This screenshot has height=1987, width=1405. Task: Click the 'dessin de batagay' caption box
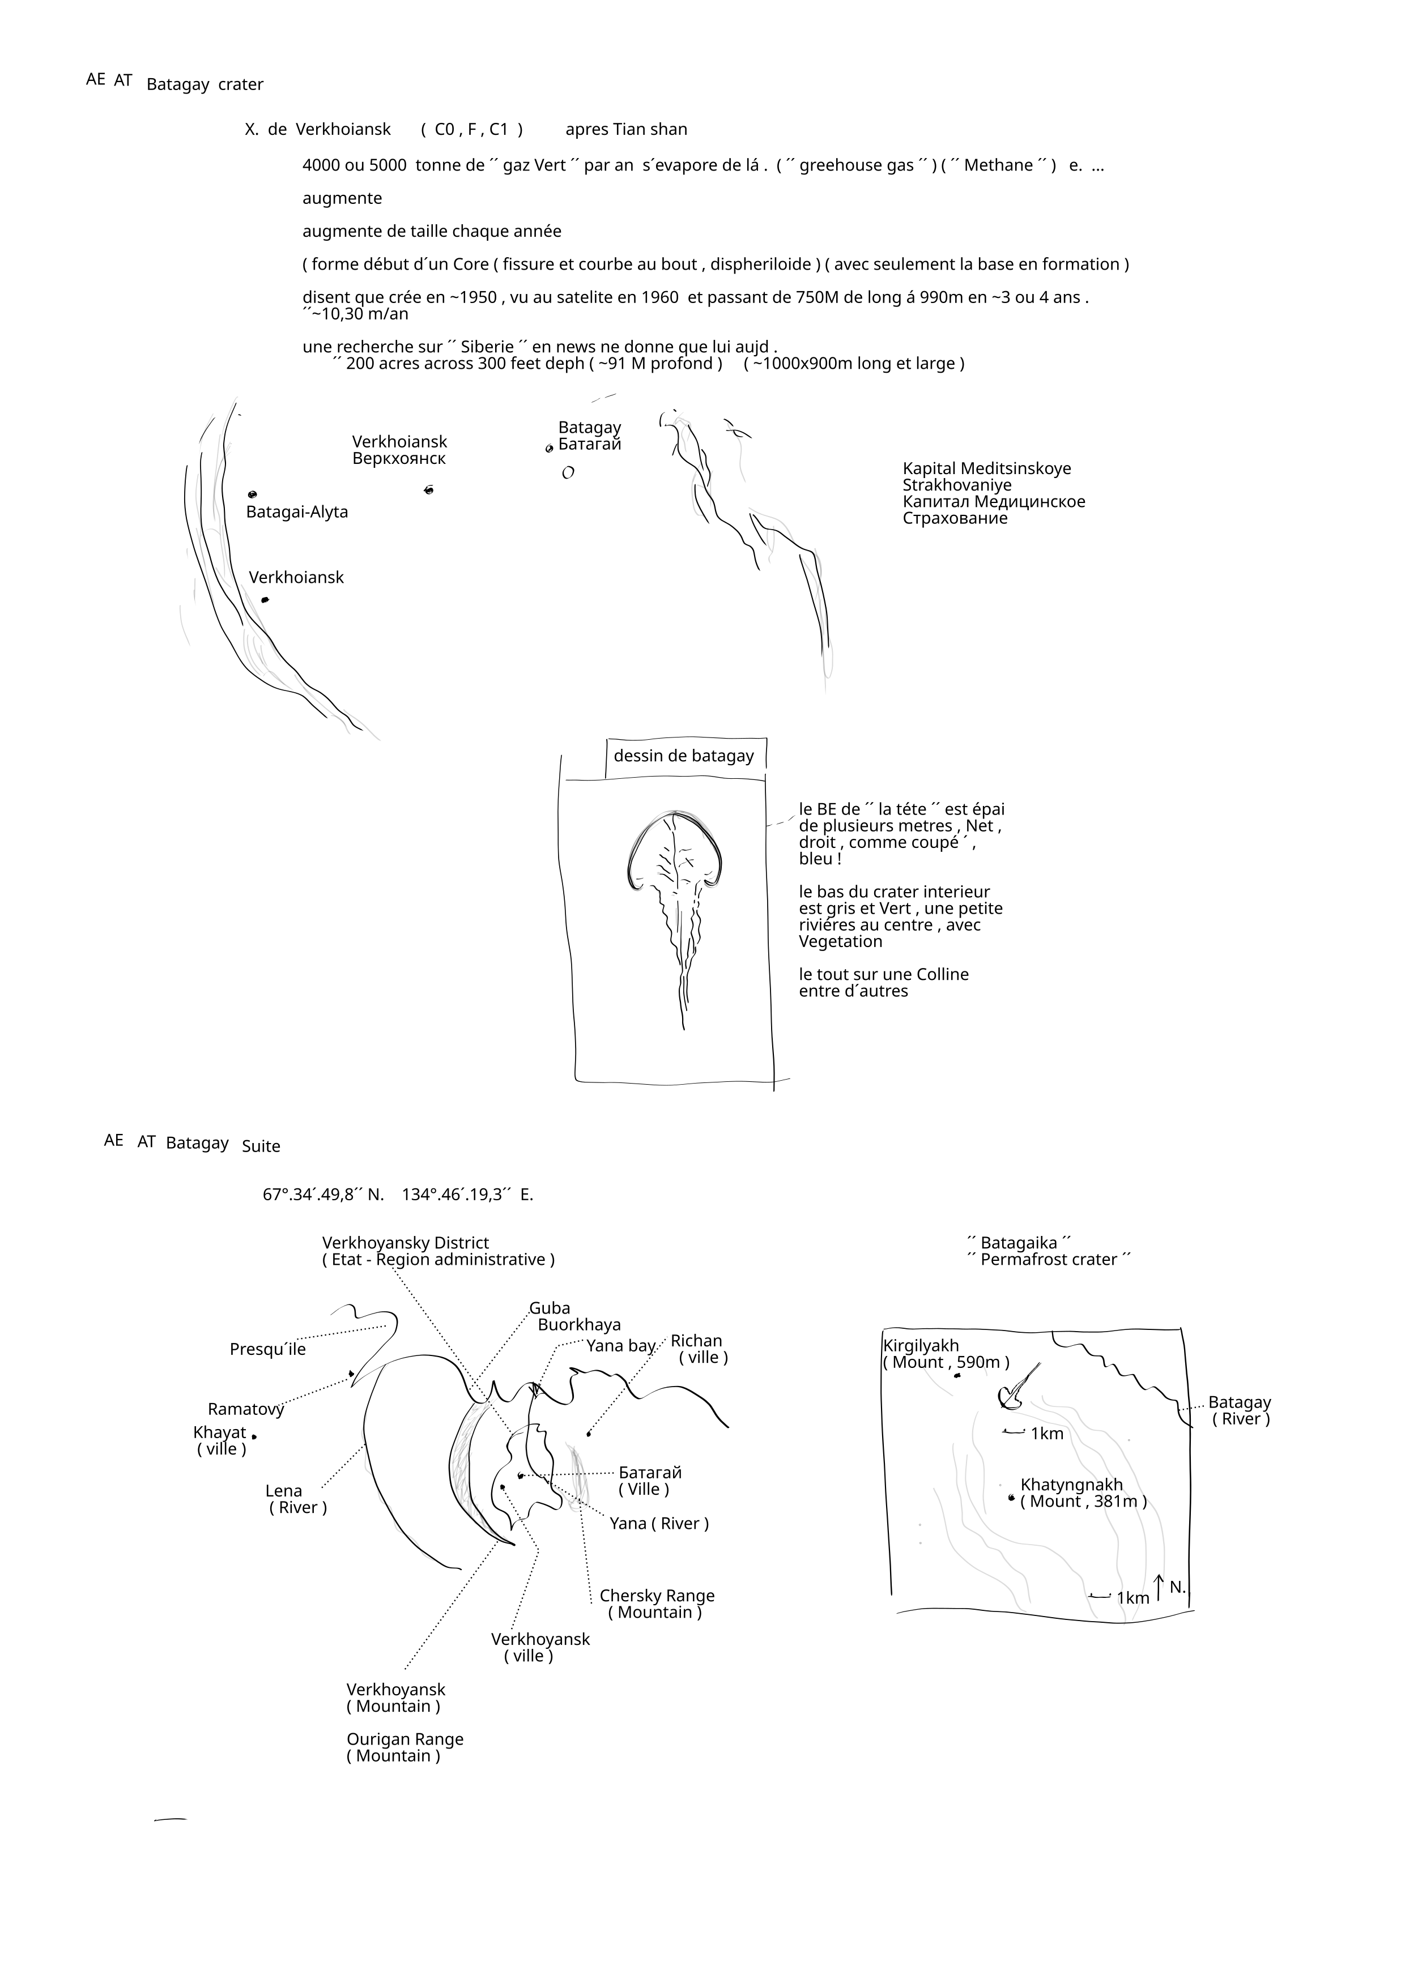point(684,756)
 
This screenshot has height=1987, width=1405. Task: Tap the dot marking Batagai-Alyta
point(252,494)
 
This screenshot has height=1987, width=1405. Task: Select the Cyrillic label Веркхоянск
point(398,459)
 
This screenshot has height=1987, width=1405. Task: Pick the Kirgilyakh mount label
point(946,1354)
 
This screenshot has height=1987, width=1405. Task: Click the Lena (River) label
point(297,1499)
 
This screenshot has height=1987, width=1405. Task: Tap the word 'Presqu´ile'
point(267,1349)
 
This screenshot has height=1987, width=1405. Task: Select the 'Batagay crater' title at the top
point(205,84)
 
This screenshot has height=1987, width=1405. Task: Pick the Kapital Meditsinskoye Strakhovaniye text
point(993,493)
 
